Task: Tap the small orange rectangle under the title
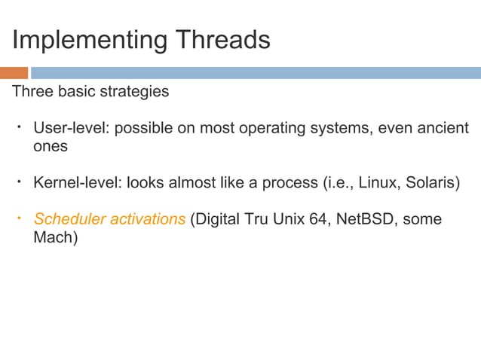(x=14, y=73)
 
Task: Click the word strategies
(x=136, y=92)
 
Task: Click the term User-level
(x=71, y=128)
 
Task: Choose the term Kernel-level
(x=75, y=183)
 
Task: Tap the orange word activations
(x=147, y=219)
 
